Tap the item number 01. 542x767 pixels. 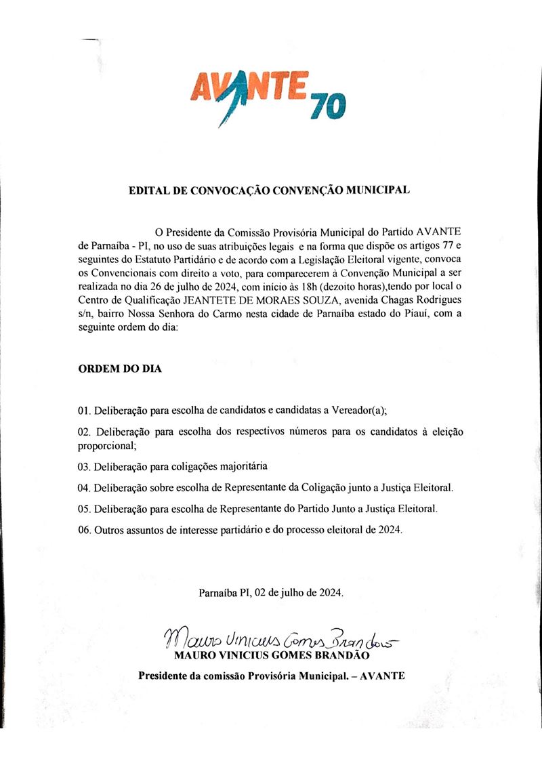pos(85,411)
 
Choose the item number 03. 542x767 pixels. pos(85,467)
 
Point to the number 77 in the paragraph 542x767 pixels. pos(450,246)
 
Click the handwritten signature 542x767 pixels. pos(277,638)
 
